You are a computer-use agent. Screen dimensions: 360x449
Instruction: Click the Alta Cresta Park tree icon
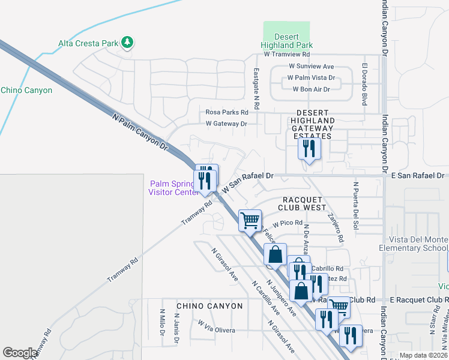(127, 43)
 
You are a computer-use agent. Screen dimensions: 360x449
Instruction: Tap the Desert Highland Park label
(287, 41)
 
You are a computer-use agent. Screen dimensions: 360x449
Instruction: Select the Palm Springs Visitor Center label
(173, 188)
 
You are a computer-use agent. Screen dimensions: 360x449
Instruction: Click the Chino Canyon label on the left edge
(26, 91)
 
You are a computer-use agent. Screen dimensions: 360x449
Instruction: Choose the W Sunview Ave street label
(311, 67)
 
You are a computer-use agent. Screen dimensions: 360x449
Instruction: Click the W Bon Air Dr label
(311, 89)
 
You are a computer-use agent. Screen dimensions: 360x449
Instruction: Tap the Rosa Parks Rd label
(227, 112)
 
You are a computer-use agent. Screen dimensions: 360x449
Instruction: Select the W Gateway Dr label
(226, 124)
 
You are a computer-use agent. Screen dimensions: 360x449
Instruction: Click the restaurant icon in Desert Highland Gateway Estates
(309, 148)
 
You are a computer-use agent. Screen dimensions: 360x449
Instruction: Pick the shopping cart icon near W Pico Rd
(250, 220)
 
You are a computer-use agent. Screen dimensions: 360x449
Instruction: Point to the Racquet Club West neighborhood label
(301, 203)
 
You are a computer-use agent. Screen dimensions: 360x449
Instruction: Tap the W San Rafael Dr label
(248, 181)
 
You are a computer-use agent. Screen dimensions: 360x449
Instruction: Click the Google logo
(20, 353)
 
